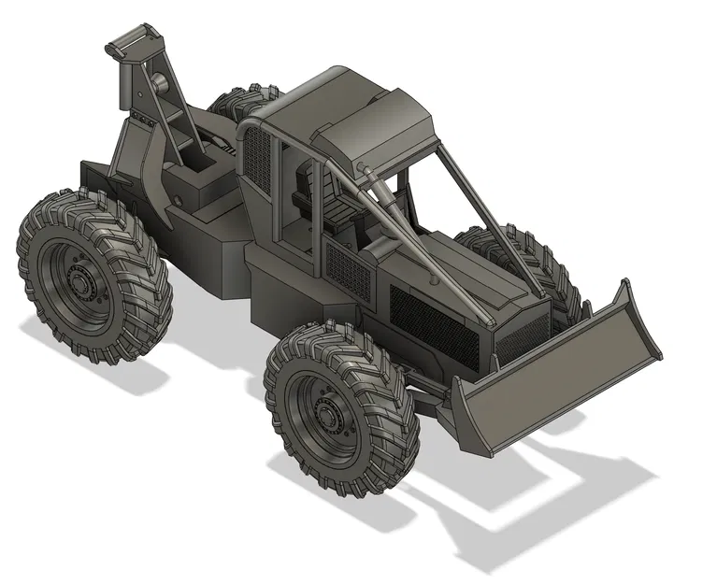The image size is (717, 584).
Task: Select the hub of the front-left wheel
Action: click(328, 411)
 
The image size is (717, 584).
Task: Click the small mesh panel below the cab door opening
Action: click(350, 266)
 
